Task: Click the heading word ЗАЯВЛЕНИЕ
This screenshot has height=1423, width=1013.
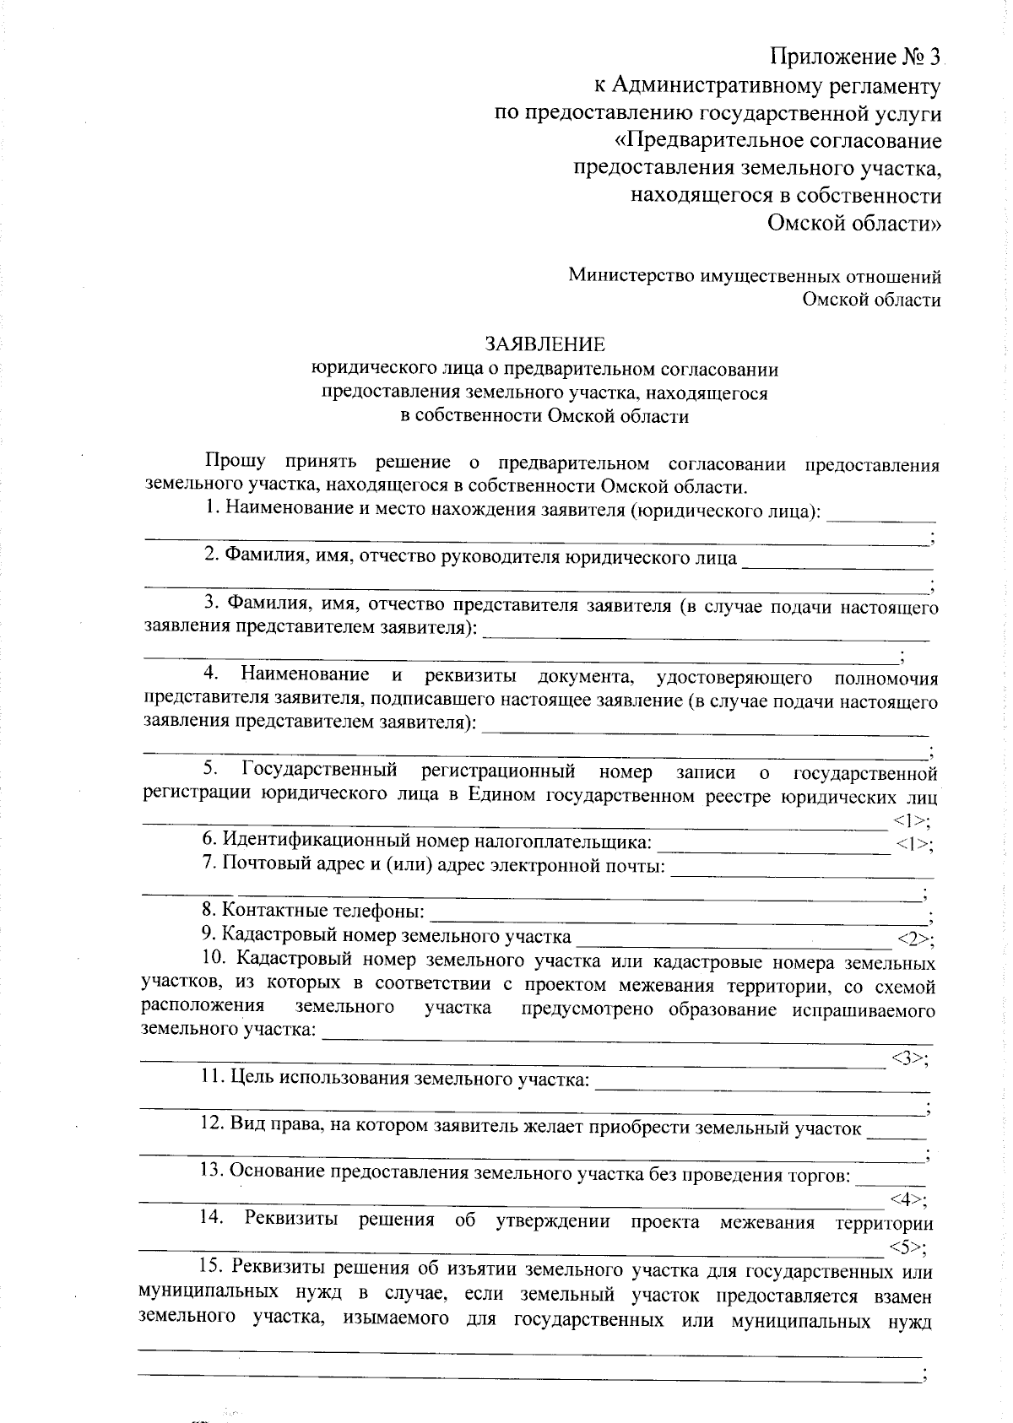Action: [x=544, y=344]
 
